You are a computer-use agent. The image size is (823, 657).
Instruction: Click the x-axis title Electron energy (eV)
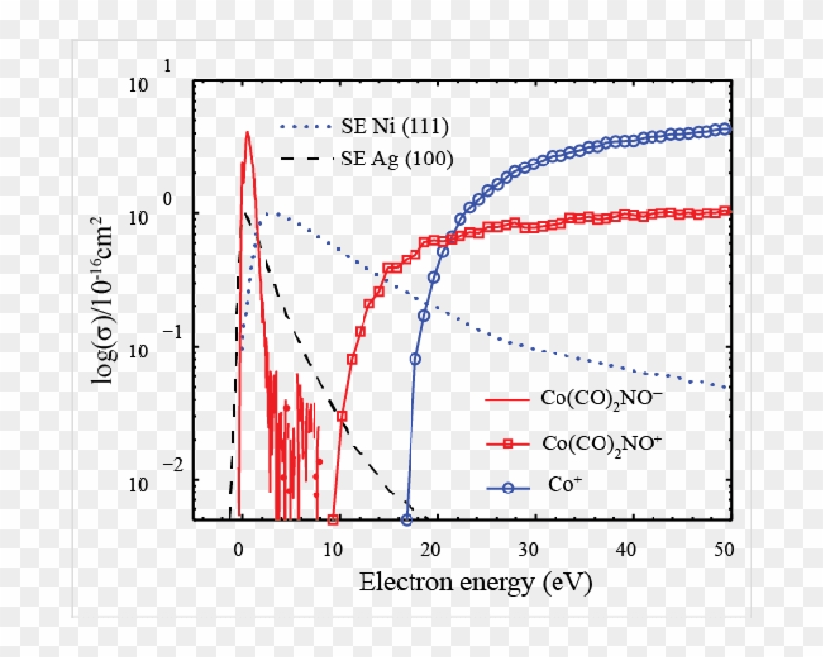475,584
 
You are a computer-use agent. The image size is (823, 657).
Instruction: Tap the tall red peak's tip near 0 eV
247,133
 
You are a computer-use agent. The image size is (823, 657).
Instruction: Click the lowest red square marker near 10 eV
333,520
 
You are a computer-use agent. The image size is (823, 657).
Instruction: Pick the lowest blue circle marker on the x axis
407,520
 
